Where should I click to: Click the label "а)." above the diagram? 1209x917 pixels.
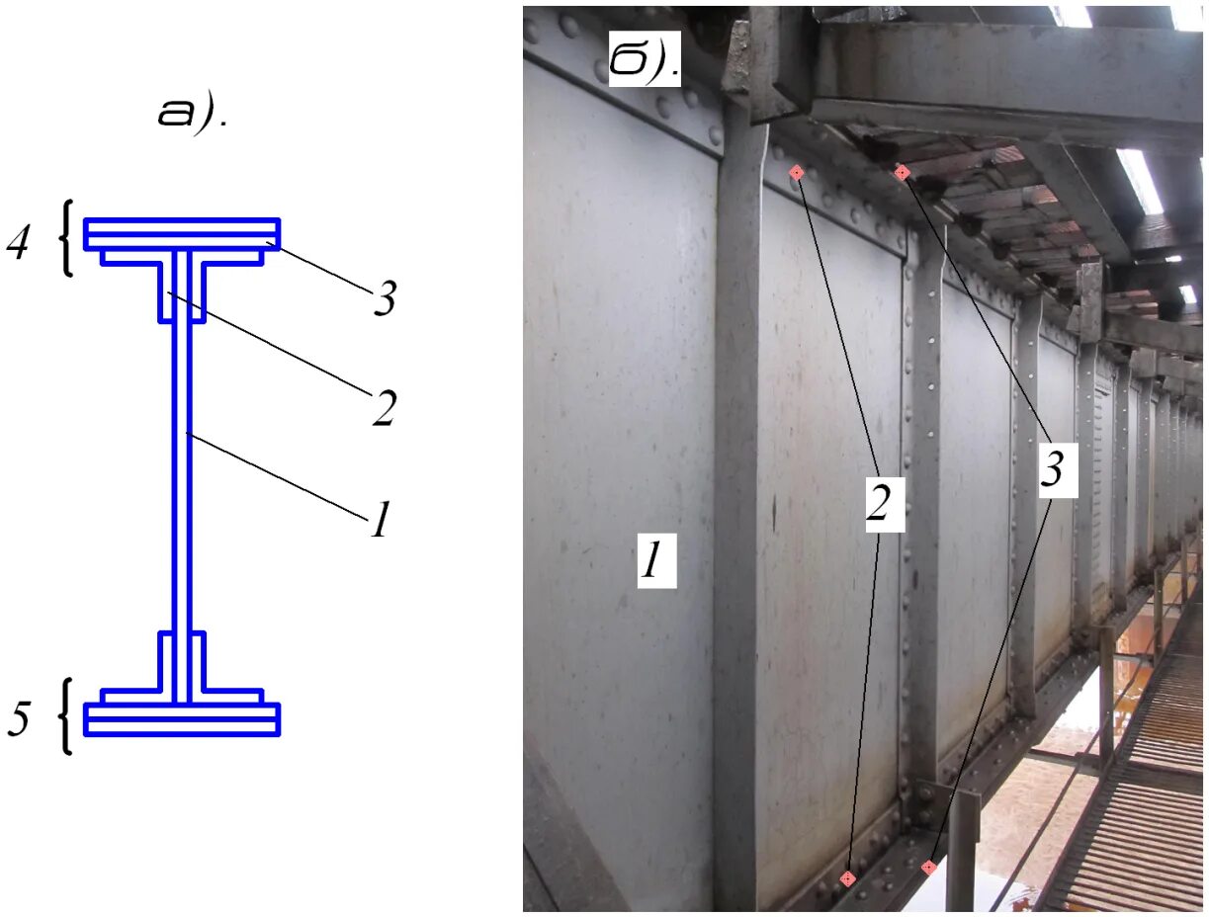click(x=191, y=114)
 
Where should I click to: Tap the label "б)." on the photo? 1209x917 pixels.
click(x=644, y=60)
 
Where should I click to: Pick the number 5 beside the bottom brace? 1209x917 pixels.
click(x=18, y=720)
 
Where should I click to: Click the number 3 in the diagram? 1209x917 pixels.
click(x=384, y=299)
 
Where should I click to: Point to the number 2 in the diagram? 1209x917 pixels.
click(x=383, y=408)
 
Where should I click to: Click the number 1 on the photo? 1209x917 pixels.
click(x=655, y=562)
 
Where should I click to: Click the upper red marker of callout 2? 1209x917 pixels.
click(x=796, y=173)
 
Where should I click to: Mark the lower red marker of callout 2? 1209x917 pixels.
click(x=847, y=878)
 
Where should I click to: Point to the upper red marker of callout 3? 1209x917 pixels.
click(x=902, y=173)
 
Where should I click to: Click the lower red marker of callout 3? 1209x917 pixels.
click(x=928, y=868)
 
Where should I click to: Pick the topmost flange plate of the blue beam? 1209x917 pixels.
click(x=181, y=224)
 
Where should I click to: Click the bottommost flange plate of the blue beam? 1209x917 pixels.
click(x=181, y=729)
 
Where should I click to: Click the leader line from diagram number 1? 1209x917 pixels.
click(x=277, y=473)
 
